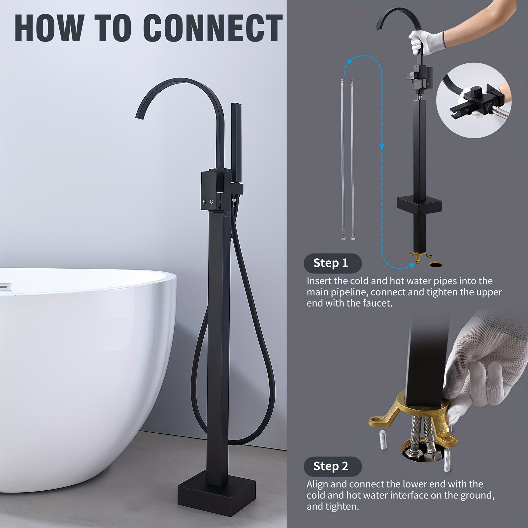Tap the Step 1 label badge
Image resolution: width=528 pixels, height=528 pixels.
[x=332, y=263]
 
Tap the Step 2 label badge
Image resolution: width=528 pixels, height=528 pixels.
[x=332, y=466]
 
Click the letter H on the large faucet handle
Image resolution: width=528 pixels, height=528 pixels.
[x=204, y=202]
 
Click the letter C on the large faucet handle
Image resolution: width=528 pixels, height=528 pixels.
[x=212, y=202]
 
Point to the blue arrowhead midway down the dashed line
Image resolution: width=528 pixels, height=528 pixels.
[x=382, y=146]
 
